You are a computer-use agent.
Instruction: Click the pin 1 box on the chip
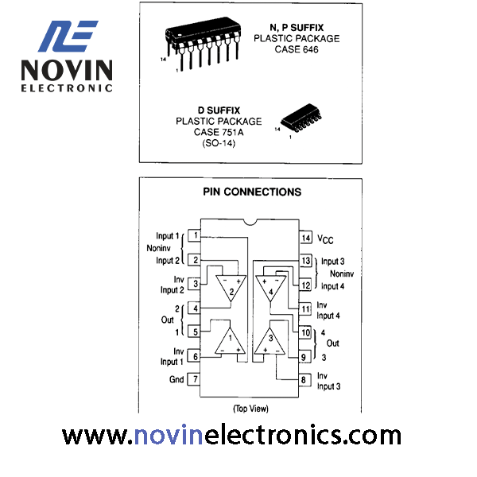point(194,235)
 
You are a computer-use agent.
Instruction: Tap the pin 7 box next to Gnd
point(194,379)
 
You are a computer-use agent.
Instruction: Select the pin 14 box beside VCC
point(306,238)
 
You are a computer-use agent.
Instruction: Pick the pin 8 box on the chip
point(304,380)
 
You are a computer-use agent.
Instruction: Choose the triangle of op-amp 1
point(230,342)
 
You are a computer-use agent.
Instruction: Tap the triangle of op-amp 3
point(270,342)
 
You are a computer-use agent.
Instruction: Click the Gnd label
point(176,379)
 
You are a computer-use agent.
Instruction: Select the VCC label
point(325,239)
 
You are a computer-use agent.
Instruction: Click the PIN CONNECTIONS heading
point(252,192)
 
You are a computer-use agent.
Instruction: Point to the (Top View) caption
point(250,409)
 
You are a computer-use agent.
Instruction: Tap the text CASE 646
point(297,49)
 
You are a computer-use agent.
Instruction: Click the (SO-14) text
point(219,143)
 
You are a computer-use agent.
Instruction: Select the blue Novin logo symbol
point(68,37)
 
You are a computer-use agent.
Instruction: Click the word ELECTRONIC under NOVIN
point(67,88)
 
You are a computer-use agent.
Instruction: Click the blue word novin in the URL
point(169,436)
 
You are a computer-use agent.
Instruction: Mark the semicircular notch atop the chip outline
point(250,223)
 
